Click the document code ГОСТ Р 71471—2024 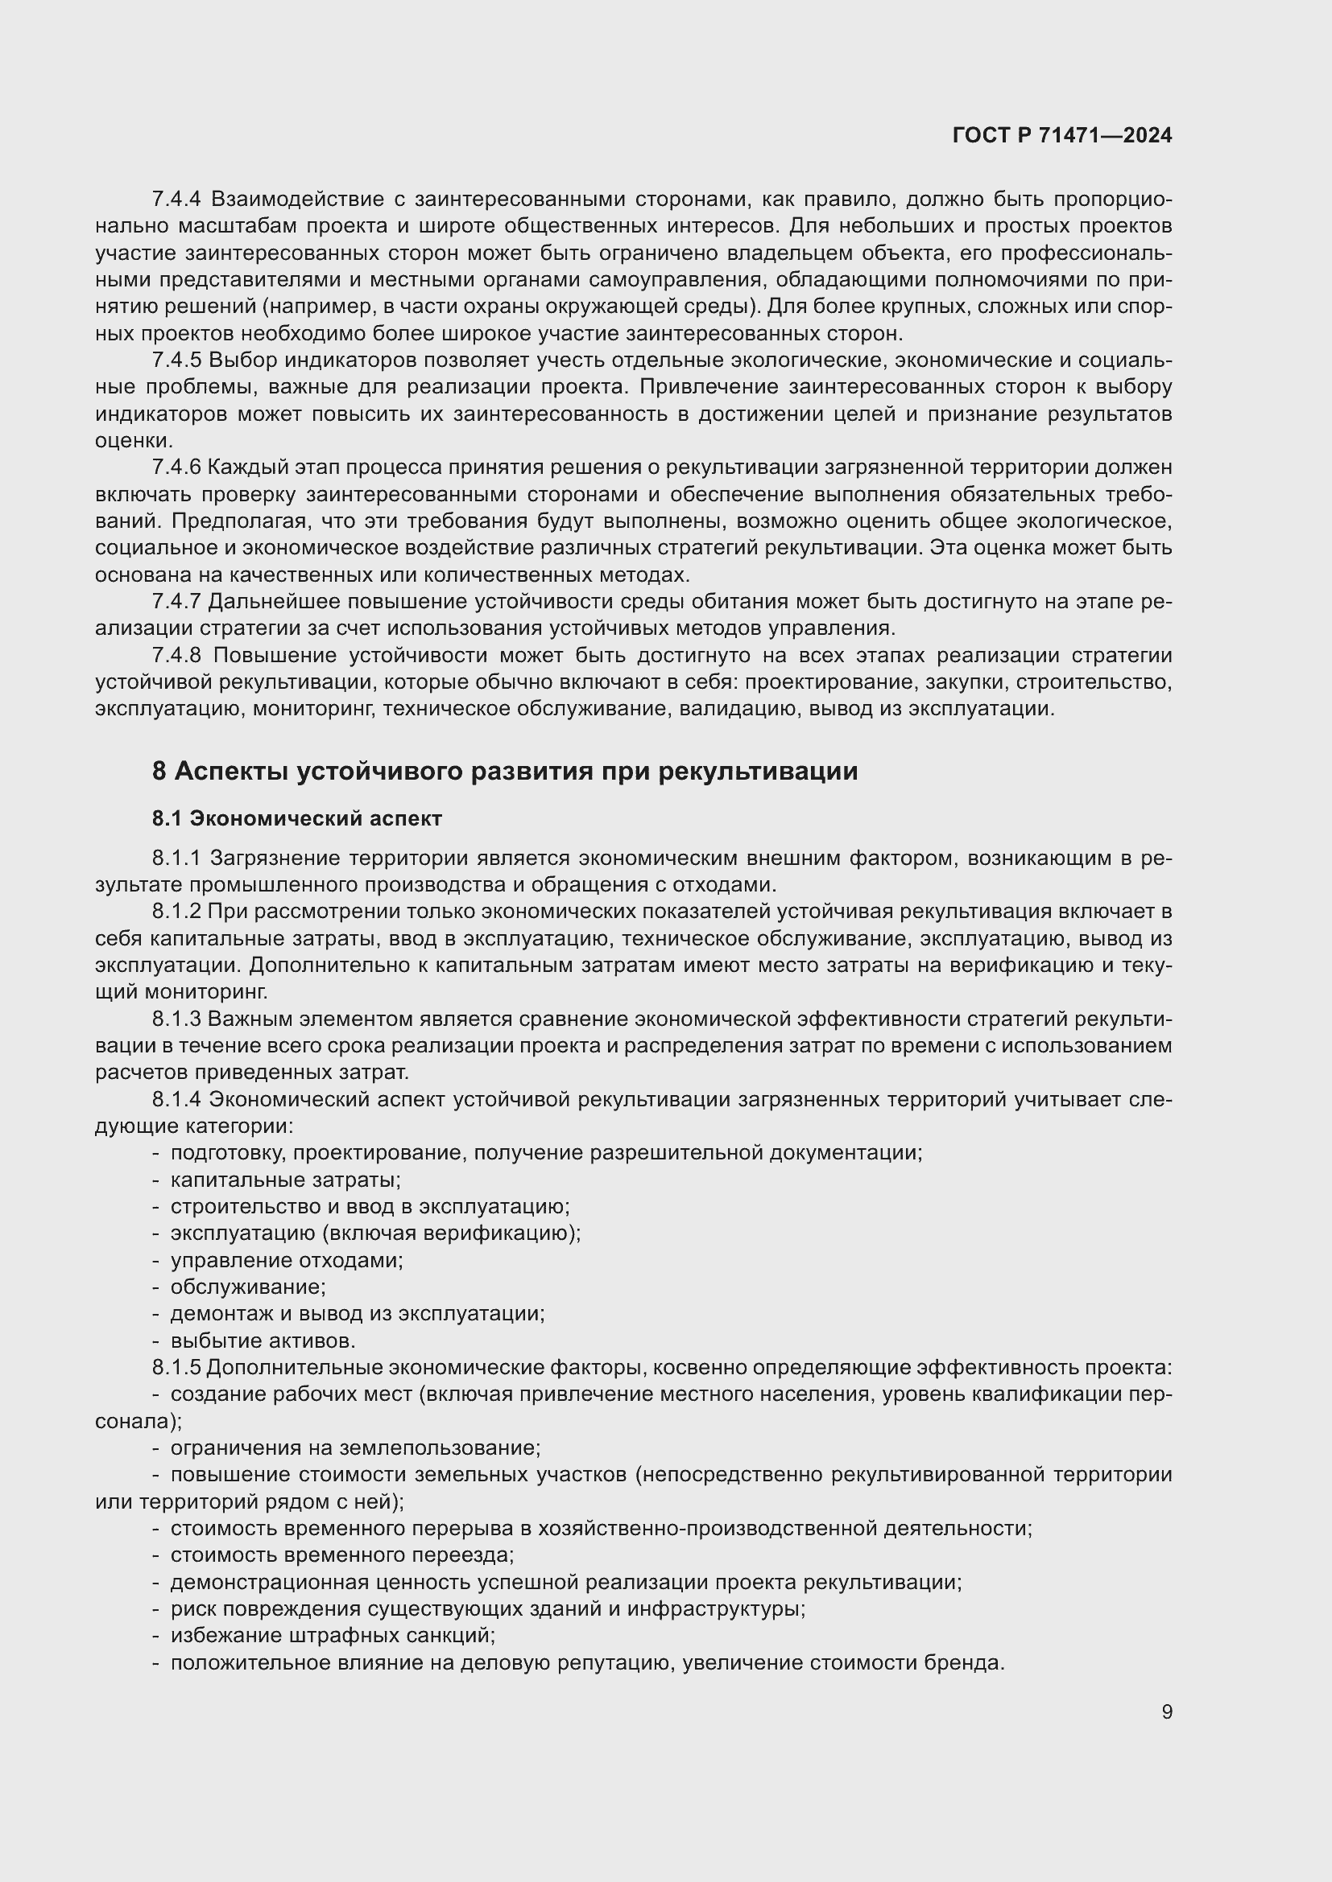pos(1062,135)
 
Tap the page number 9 pos(1166,1711)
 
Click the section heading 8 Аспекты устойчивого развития pos(504,772)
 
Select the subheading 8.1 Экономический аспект pos(297,818)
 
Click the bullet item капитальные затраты pos(284,1180)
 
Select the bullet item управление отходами pos(286,1260)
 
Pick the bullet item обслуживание pos(248,1287)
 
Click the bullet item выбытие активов pos(263,1341)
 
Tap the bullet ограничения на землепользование pos(355,1448)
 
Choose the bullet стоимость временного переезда pos(342,1555)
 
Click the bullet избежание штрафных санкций pos(332,1635)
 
